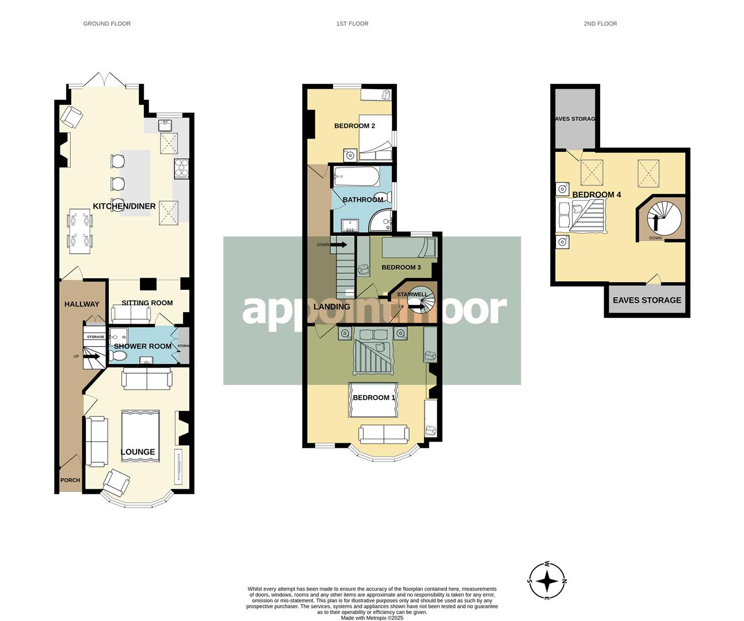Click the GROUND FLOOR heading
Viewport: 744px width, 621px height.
(x=106, y=24)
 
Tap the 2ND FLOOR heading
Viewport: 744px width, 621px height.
(x=600, y=24)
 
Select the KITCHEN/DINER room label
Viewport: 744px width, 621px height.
(x=124, y=206)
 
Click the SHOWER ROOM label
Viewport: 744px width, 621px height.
(x=143, y=346)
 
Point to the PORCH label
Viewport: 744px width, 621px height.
(x=70, y=480)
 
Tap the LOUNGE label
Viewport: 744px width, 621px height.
(x=138, y=452)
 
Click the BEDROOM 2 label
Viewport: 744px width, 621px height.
(x=354, y=126)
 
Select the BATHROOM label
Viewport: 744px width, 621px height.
(x=363, y=200)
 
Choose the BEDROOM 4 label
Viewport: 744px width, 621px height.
(x=596, y=194)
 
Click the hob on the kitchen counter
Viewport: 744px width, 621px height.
(x=182, y=167)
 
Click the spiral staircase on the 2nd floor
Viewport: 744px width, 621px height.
(x=663, y=218)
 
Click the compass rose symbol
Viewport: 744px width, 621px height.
(x=547, y=581)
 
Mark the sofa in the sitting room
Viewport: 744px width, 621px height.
(x=130, y=314)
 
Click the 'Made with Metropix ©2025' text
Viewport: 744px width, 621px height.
(x=372, y=618)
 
